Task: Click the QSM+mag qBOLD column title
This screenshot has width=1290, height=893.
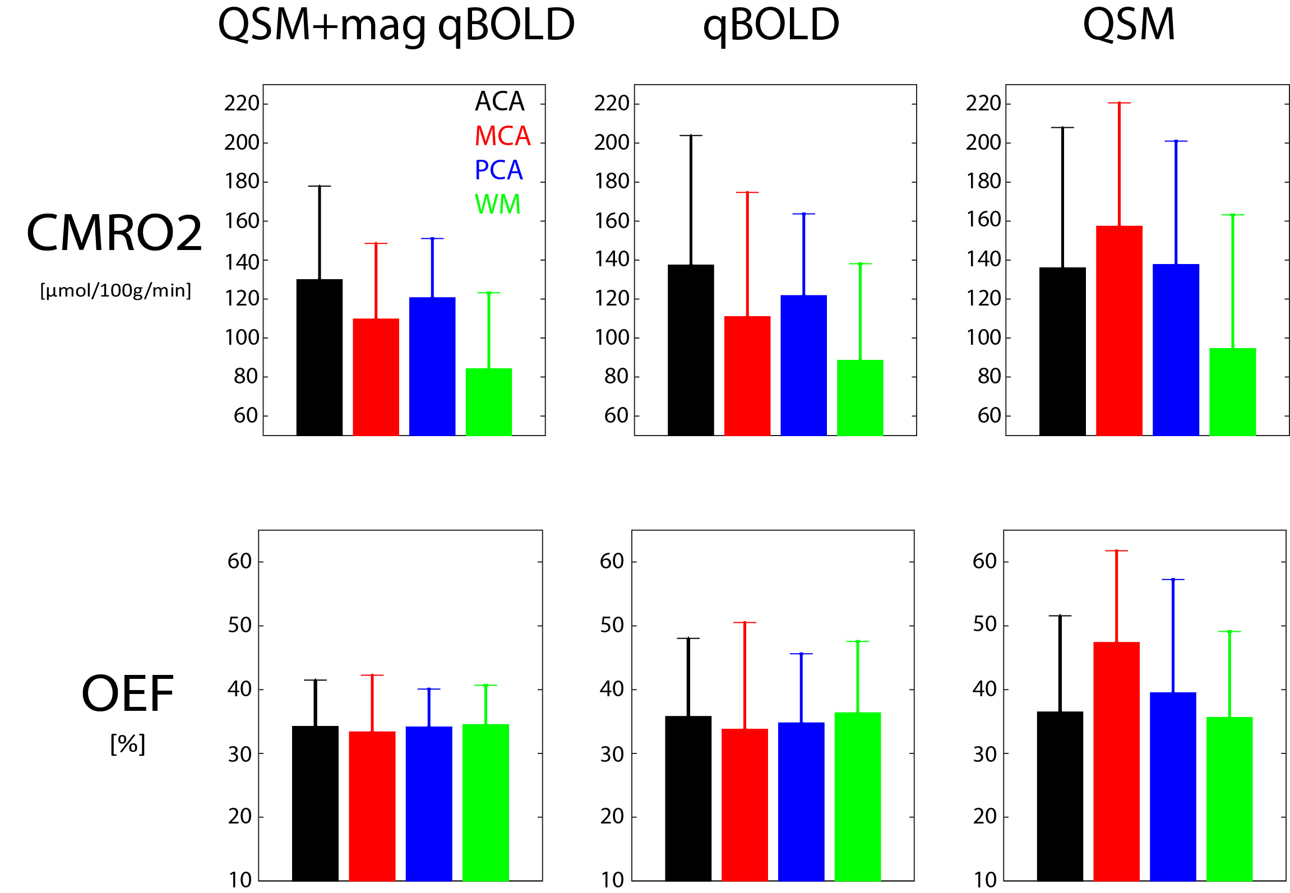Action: pos(396,26)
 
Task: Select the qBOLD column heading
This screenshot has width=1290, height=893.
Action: pos(771,26)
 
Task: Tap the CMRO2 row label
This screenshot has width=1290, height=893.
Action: pos(114,233)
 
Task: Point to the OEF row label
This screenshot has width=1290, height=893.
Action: pos(128,694)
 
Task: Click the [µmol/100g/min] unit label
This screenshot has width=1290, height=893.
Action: pos(115,290)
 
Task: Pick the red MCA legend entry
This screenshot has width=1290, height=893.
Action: pos(502,136)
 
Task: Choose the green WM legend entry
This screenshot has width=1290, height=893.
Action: pos(497,204)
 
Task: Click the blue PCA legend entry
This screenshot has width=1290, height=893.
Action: pos(498,170)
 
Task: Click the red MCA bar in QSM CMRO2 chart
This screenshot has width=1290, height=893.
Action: pos(1119,331)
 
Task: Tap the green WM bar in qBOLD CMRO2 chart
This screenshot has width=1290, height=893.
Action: pos(860,397)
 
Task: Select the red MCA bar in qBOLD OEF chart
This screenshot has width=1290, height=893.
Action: pos(745,804)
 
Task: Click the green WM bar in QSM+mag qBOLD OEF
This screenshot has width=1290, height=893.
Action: pos(486,802)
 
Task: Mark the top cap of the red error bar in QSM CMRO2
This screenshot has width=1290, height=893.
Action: pos(1119,103)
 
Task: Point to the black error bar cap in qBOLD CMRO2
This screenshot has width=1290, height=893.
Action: pos(691,136)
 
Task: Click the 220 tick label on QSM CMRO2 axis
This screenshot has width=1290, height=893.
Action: pos(983,104)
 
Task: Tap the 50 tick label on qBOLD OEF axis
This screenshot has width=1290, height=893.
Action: pos(612,626)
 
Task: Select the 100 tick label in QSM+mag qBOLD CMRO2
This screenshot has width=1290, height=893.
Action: pos(242,338)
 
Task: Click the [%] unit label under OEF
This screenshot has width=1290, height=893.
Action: pos(128,744)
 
